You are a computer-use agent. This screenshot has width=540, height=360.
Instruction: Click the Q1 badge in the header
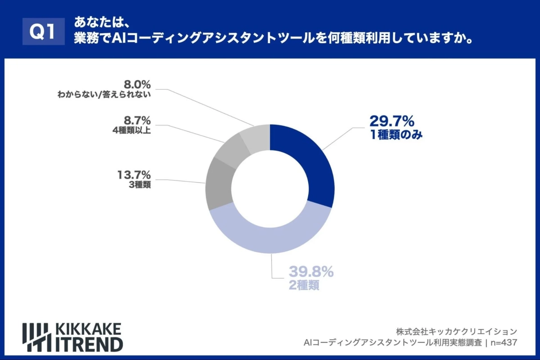(x=41, y=32)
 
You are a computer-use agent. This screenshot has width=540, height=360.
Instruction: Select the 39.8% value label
(x=310, y=272)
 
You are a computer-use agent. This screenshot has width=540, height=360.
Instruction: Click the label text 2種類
(x=304, y=285)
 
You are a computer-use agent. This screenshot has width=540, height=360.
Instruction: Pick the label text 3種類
(x=139, y=185)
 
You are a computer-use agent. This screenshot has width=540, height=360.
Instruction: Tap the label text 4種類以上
(x=131, y=131)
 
